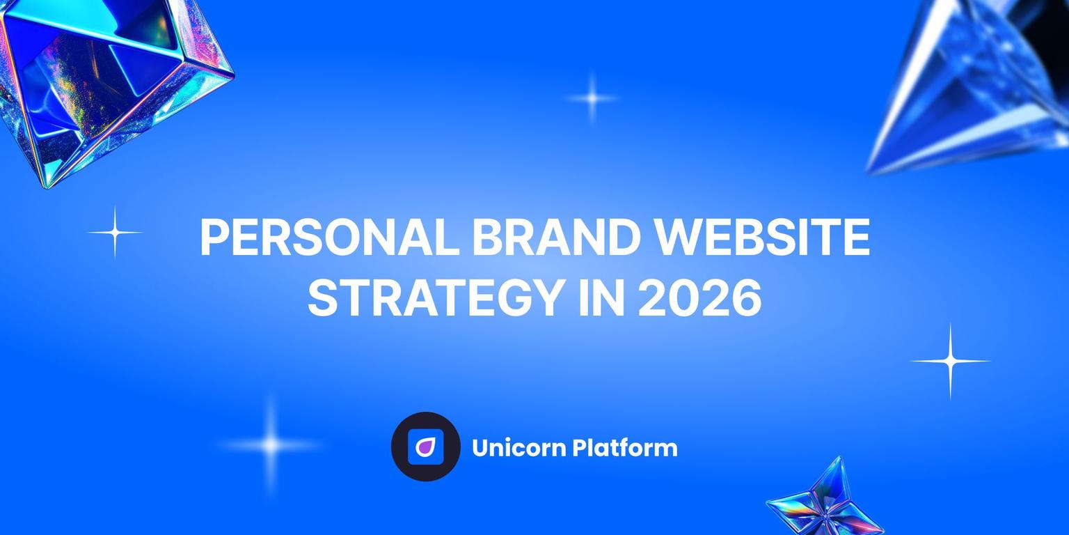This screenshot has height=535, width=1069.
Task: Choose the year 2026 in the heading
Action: (x=699, y=298)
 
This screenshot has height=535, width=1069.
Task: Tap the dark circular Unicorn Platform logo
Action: (x=425, y=447)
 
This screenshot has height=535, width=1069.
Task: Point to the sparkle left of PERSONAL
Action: (x=115, y=232)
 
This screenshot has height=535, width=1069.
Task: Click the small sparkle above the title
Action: (x=592, y=98)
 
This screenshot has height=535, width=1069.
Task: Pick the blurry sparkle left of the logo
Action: (x=271, y=444)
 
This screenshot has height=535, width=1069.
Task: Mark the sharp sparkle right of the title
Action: (x=950, y=361)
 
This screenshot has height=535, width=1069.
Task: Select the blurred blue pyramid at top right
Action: (x=974, y=84)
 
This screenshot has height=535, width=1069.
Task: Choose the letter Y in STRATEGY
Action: (x=544, y=298)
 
